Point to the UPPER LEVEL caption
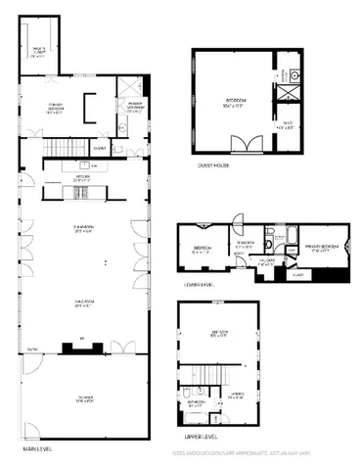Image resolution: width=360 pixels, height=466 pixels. pos(201,437)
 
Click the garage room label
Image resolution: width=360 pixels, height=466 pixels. pos(83,397)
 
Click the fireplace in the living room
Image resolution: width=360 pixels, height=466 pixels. pos(82,345)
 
